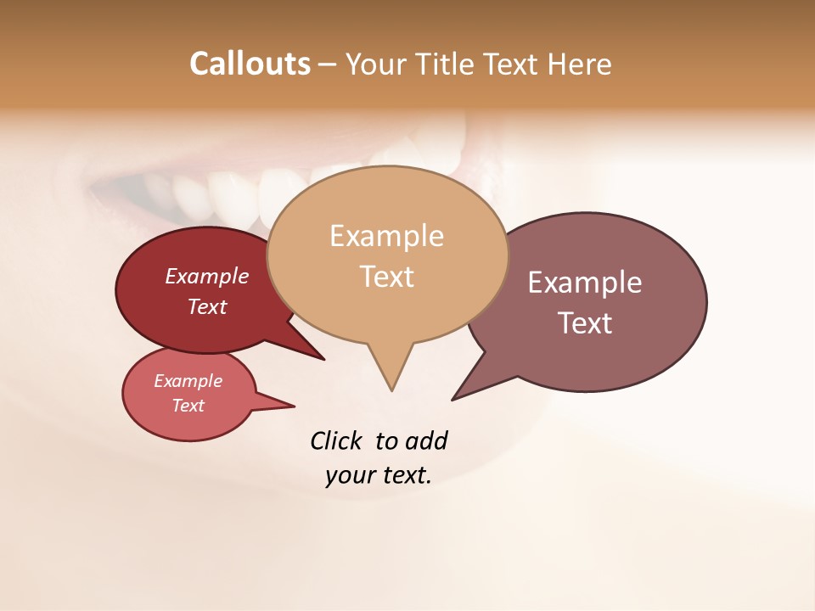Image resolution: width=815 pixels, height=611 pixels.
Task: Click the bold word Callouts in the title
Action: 250,64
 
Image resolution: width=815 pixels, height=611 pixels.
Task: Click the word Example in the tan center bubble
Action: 386,236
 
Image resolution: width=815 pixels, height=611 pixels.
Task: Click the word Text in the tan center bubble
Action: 386,277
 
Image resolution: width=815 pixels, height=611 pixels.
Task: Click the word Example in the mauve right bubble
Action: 585,283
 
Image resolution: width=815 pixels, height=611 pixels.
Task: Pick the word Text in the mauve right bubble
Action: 585,323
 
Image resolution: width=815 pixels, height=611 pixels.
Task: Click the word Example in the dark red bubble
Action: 207,277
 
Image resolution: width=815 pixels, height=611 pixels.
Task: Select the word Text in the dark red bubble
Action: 207,307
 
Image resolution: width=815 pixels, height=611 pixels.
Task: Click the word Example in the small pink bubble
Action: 188,382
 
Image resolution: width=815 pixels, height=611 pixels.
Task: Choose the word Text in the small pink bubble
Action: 188,406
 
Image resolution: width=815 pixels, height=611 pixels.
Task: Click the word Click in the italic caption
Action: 337,440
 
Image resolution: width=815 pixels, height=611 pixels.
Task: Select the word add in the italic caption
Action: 426,441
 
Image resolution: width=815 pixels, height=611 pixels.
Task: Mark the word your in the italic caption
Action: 350,476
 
